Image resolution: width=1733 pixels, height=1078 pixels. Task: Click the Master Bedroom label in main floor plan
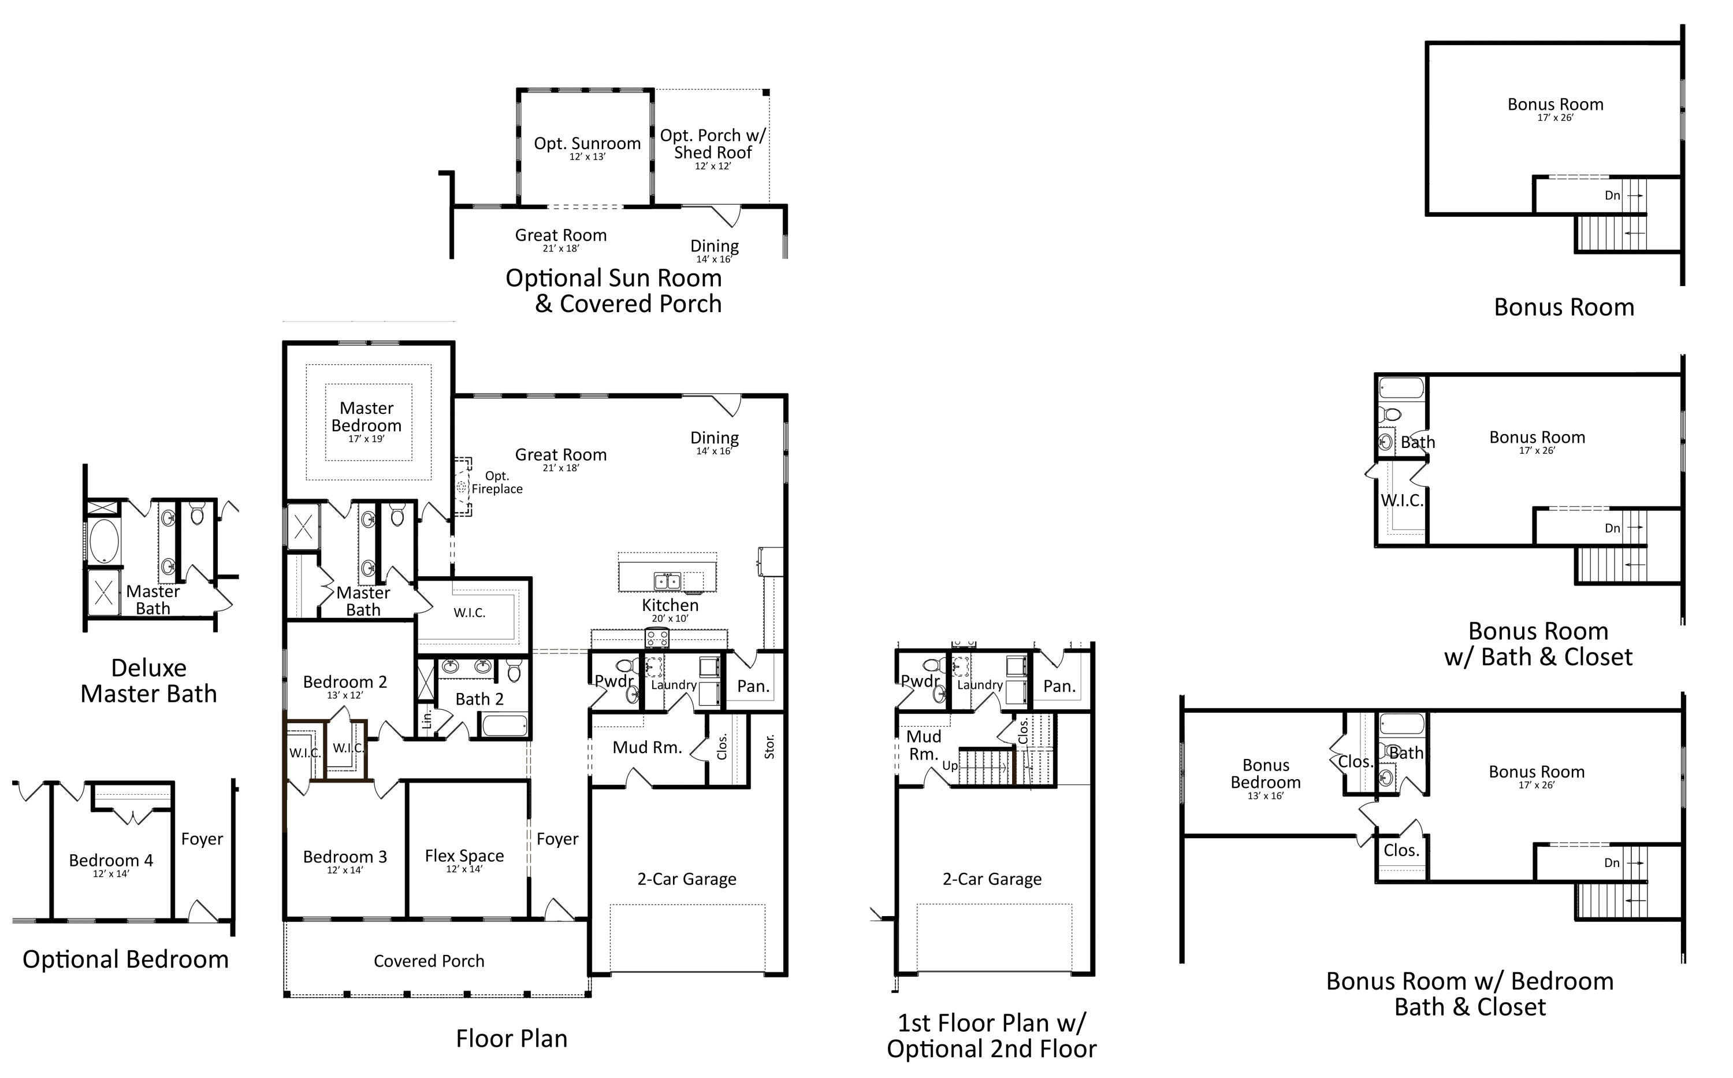[366, 418]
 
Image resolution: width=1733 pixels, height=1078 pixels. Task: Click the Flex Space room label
[464, 856]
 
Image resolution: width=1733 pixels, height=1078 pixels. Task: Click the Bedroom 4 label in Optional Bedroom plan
[110, 861]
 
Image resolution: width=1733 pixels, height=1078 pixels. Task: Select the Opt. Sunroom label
[587, 145]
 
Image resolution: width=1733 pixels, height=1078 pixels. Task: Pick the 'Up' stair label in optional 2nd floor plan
[950, 766]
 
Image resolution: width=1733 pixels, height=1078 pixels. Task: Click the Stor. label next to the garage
[769, 746]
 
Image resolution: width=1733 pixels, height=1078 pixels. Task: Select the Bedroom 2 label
[345, 683]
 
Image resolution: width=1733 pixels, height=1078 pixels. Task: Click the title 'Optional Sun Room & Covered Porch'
[613, 290]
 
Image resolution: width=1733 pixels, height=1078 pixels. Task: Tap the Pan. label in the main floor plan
[753, 687]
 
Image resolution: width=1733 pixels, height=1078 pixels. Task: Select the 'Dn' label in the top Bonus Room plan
[1612, 195]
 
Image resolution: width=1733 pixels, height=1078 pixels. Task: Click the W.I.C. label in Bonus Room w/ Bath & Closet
[1401, 501]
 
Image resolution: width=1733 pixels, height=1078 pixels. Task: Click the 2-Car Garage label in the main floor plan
[686, 879]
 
